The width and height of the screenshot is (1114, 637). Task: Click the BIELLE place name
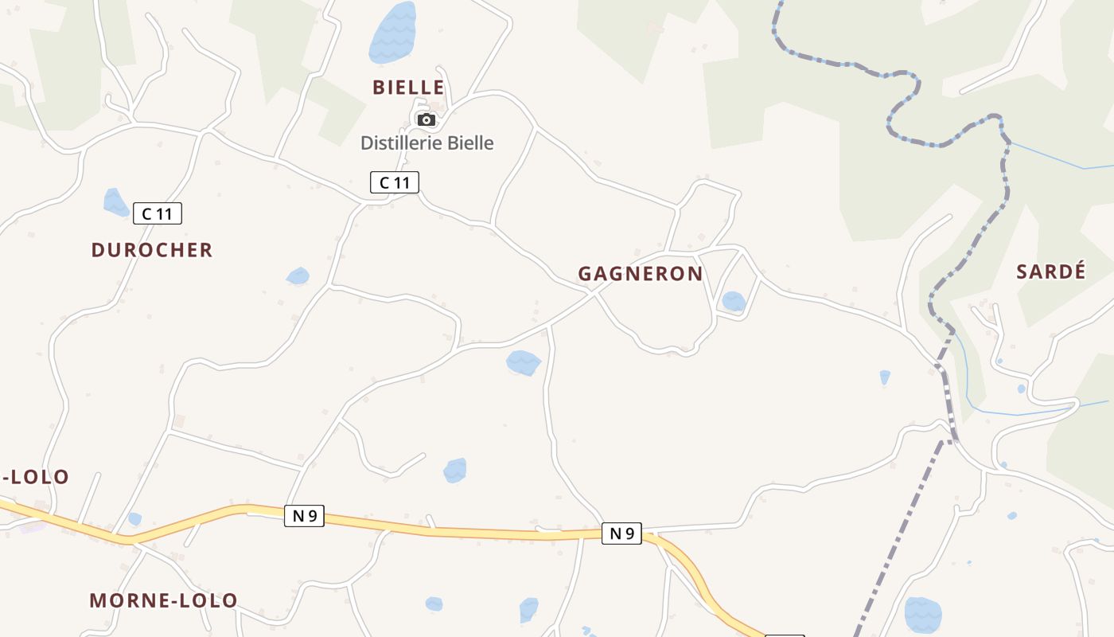pos(407,87)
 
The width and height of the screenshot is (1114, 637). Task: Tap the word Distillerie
pos(397,143)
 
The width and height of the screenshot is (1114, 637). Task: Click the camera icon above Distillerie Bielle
pos(427,120)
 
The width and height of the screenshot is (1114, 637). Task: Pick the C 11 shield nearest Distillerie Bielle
pos(394,182)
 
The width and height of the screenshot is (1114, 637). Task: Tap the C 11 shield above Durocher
pos(158,213)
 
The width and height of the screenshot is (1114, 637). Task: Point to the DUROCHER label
pos(152,250)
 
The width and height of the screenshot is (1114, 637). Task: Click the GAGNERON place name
pos(640,274)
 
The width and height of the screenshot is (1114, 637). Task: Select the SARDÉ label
pos(1050,272)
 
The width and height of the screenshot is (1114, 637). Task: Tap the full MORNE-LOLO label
pos(163,600)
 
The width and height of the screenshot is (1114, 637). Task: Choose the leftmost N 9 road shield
pos(304,516)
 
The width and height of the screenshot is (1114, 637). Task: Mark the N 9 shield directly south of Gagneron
pos(621,533)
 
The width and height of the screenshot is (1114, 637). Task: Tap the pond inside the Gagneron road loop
pos(733,301)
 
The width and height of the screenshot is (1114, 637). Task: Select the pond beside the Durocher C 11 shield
pos(115,202)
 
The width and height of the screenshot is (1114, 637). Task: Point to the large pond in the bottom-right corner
pos(923,615)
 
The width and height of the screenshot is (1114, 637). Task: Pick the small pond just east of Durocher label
pos(298,276)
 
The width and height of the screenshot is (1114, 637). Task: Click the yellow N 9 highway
pos(477,530)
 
